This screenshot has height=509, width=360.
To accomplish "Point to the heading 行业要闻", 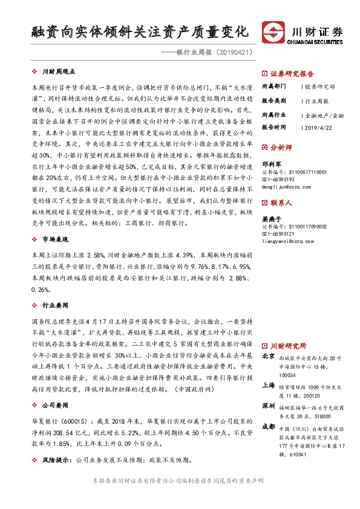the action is click(55, 306).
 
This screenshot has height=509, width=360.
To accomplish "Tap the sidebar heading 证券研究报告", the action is click(289, 71).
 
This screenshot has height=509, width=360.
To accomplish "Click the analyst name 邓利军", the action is click(271, 163).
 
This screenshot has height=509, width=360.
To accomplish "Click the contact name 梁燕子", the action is click(271, 219).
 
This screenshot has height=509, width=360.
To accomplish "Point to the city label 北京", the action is click(268, 357).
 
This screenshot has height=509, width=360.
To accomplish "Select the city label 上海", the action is click(268, 384).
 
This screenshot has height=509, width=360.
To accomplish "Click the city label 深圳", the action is click(268, 404).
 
